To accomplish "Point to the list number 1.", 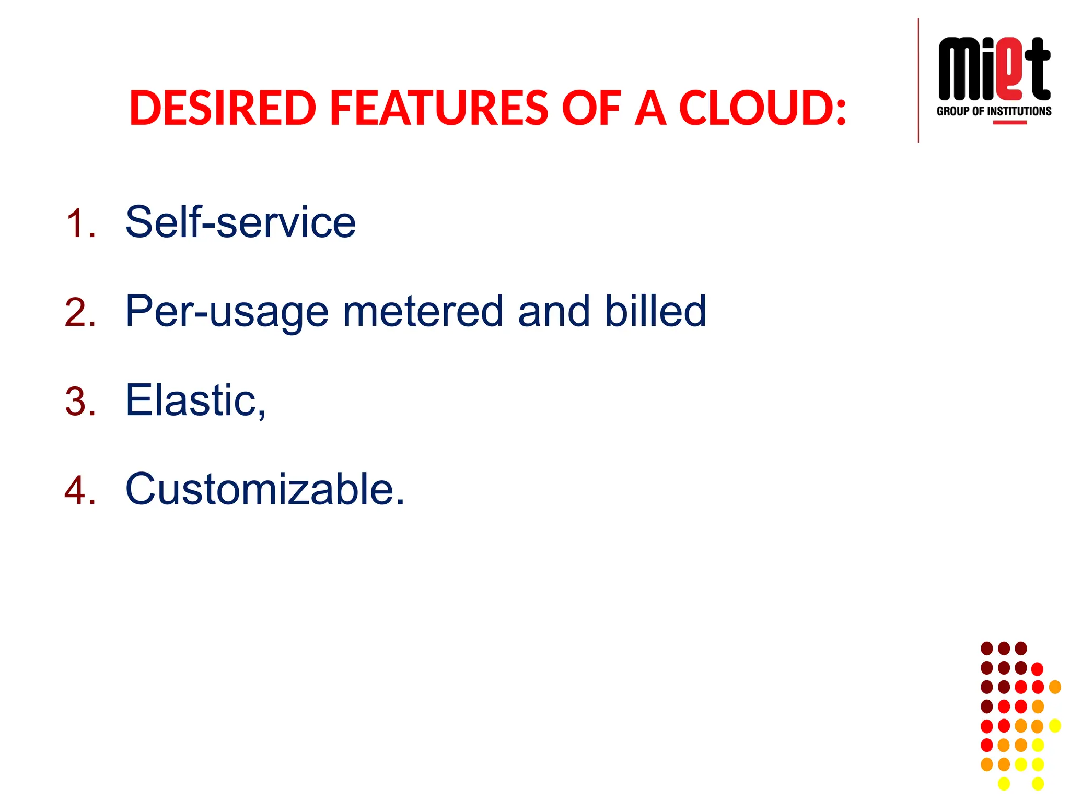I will point(80,224).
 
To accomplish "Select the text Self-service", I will point(240,222).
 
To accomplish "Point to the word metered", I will point(423,311).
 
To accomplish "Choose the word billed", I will point(655,311).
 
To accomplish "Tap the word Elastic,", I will point(195,400).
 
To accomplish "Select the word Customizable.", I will point(265,489).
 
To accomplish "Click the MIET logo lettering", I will point(994,69).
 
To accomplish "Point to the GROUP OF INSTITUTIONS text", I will point(994,111).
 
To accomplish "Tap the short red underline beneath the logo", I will point(1009,123).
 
